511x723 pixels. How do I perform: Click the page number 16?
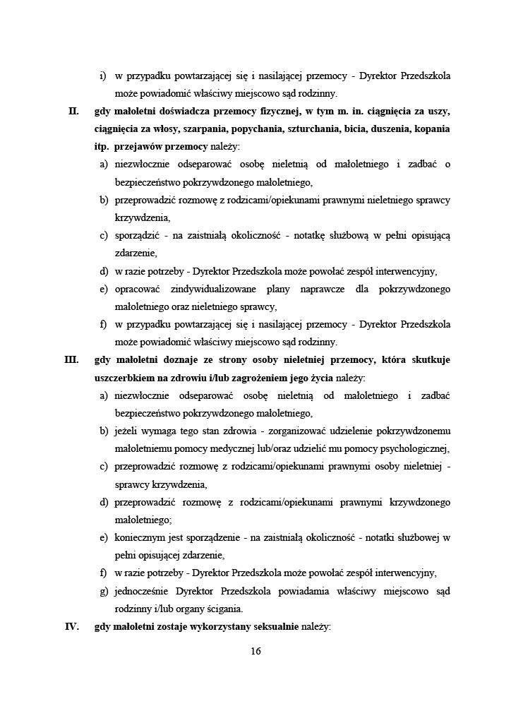click(255, 651)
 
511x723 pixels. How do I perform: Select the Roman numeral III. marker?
click(71, 360)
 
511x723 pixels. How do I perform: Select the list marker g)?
click(104, 590)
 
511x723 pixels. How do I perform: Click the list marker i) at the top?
click(103, 76)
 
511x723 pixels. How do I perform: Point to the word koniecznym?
click(140, 537)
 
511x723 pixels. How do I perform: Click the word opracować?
click(138, 289)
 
